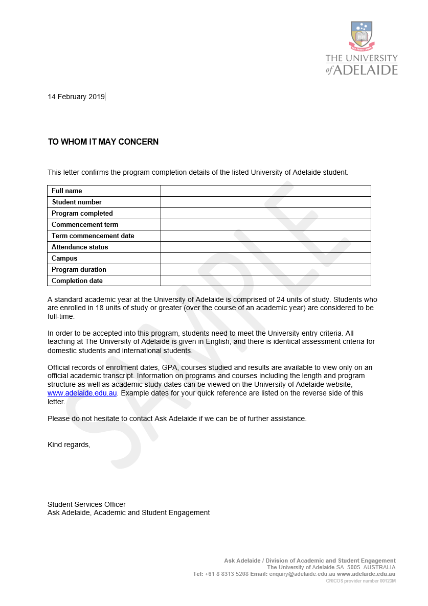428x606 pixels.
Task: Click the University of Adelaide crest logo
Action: coord(362,36)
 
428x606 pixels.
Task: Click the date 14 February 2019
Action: coord(76,97)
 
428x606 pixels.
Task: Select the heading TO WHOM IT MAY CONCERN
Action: coord(103,142)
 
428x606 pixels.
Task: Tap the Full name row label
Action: coord(67,191)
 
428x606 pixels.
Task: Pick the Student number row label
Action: coord(77,202)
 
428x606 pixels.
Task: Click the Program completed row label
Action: coord(82,214)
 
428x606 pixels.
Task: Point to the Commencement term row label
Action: coord(85,225)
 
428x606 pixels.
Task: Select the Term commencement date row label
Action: coord(93,236)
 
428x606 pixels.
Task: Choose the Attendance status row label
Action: coord(80,247)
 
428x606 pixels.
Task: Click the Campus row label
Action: coord(64,259)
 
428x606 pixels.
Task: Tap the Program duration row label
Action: coord(79,270)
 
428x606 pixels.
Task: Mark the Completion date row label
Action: coord(77,281)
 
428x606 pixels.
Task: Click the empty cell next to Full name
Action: coord(265,191)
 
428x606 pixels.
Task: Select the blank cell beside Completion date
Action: coord(265,281)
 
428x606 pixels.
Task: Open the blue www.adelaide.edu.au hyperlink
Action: coord(82,393)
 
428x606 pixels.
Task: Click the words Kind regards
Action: coord(69,445)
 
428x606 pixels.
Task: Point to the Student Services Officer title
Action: coord(86,504)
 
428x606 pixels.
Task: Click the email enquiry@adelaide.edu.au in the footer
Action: coord(302,574)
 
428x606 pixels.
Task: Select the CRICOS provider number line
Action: coord(361,581)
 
